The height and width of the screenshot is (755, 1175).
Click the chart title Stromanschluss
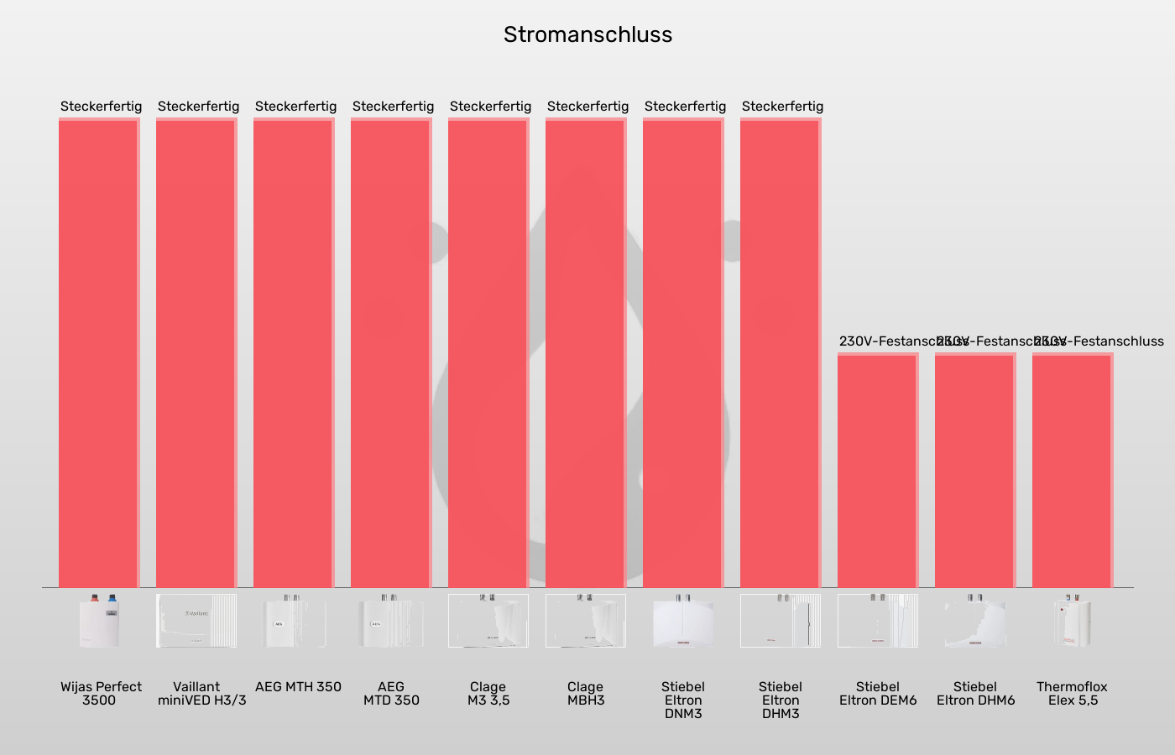coord(587,34)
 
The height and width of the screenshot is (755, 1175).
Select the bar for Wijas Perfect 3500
coord(99,352)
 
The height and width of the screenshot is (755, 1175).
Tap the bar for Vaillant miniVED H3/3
coord(196,352)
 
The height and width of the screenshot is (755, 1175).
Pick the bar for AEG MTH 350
coord(294,352)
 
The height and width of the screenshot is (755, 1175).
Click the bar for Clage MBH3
coord(586,352)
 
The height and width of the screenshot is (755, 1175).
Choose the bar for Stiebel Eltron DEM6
coord(878,470)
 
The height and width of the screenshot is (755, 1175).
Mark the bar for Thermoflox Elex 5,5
coord(1073,470)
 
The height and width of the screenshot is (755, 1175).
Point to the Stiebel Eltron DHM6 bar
coord(975,470)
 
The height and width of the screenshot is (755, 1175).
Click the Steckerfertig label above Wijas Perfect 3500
coord(101,107)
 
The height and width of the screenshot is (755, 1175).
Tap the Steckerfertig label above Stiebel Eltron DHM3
coord(782,107)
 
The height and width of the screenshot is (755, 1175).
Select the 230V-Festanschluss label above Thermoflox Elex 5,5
coord(1099,341)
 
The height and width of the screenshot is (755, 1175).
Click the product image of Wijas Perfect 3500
coord(99,621)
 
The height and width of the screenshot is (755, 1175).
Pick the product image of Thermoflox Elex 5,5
coord(1073,621)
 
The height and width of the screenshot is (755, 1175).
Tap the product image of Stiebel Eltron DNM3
coord(683,621)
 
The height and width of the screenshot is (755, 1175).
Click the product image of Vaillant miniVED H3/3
coord(196,621)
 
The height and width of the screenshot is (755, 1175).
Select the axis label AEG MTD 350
coord(391,694)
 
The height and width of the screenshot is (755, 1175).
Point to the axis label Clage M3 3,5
coord(488,694)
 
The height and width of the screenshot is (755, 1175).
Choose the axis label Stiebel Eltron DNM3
coord(683,700)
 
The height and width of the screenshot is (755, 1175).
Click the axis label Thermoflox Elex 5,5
coord(1073,694)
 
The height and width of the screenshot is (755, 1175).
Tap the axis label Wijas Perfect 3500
coord(101,694)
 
